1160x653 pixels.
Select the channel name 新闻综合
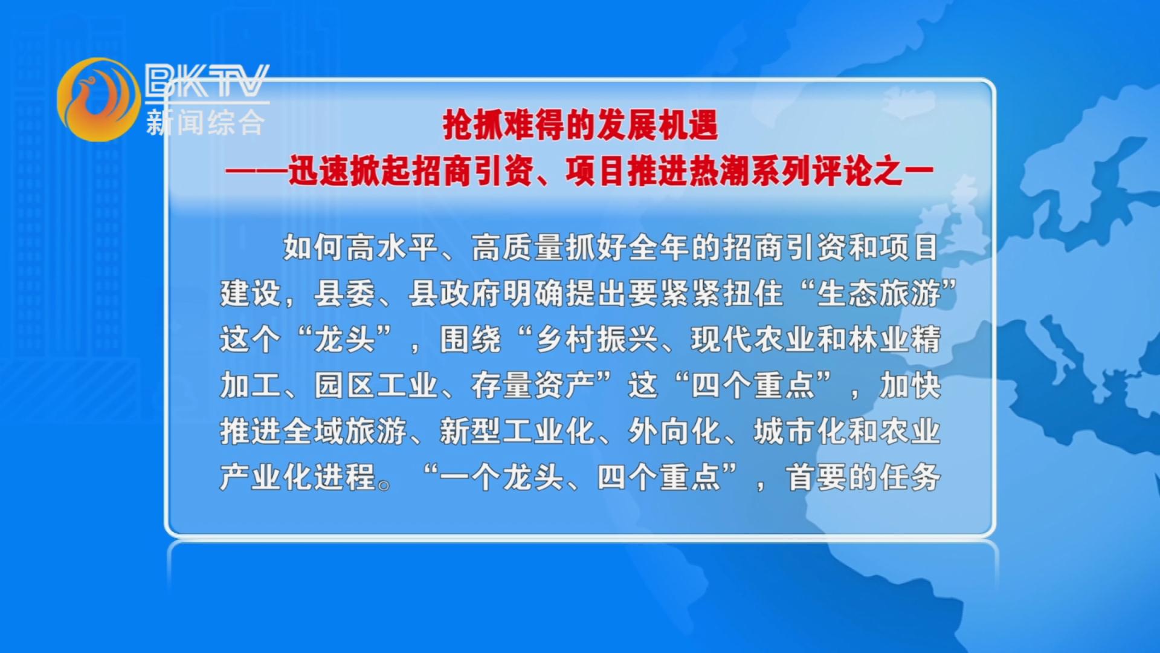[205, 122]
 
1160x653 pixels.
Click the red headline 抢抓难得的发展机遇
[580, 125]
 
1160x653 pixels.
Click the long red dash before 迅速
[256, 172]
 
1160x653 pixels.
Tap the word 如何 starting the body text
[314, 247]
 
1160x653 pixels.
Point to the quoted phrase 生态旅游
[879, 293]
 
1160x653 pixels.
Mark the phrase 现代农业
[753, 339]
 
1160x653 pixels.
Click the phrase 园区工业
[376, 385]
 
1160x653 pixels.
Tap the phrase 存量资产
[533, 385]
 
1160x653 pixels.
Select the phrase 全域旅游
[345, 431]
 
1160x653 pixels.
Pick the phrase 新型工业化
[518, 431]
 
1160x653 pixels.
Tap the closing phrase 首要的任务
[863, 477]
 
